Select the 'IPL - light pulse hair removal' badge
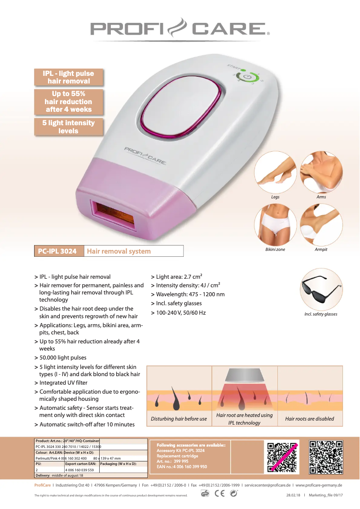69,77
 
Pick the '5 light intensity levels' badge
69,127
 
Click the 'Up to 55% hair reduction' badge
69,101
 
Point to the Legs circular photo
275,172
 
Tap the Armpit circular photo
321,224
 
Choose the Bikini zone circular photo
275,224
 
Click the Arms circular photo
321,172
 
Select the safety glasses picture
320,289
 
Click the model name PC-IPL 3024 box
59,251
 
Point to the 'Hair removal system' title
119,251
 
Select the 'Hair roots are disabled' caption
310,419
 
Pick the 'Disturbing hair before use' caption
179,419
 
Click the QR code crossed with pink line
282,456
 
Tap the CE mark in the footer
220,493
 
